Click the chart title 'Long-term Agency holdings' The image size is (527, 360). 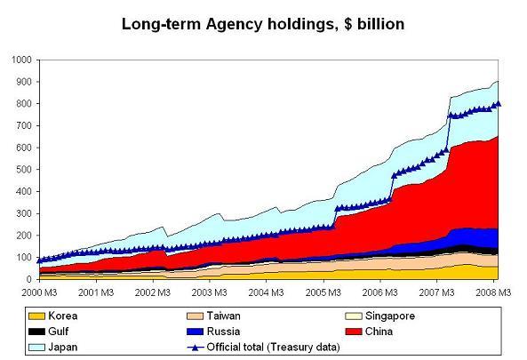pos(263,25)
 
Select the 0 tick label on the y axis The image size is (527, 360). pos(28,279)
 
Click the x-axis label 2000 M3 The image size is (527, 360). pos(38,292)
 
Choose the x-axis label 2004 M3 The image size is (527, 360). pos(264,292)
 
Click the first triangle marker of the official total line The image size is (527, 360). pos(39,261)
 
